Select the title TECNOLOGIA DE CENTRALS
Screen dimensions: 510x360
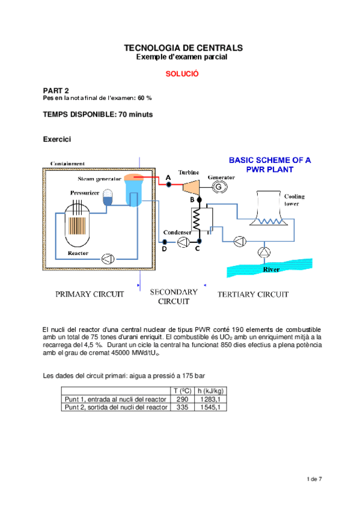(x=182, y=48)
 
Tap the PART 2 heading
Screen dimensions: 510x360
(x=56, y=90)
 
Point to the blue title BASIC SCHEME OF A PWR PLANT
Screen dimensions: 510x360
(x=270, y=165)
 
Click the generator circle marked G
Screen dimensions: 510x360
(x=218, y=188)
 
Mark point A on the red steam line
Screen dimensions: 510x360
(x=169, y=184)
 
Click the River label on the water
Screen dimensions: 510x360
(x=272, y=270)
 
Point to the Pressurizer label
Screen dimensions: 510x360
(x=85, y=194)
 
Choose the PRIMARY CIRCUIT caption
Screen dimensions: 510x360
(x=90, y=295)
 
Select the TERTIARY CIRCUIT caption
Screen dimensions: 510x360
(x=252, y=295)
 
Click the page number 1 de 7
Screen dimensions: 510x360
(x=314, y=479)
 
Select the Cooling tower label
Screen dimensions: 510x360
(x=294, y=200)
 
